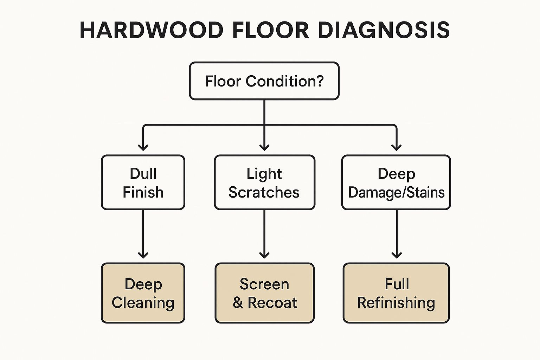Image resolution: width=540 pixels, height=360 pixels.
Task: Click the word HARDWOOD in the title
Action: pyautogui.click(x=152, y=30)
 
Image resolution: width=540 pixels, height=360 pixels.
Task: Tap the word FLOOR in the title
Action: pyautogui.click(x=270, y=30)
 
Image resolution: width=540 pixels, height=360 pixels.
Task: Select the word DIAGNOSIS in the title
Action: pyautogui.click(x=384, y=30)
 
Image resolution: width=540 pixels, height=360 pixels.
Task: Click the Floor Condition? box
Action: pyautogui.click(x=264, y=81)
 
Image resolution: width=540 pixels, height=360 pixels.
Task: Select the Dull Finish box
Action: pyautogui.click(x=143, y=182)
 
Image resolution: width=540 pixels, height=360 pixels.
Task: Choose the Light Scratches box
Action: pyautogui.click(x=264, y=182)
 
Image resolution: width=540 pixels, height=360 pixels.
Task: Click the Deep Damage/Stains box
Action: pyautogui.click(x=396, y=182)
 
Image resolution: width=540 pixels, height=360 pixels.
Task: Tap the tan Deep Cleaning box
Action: pyautogui.click(x=143, y=293)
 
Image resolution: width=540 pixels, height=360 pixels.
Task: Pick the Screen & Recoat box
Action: pyautogui.click(x=264, y=293)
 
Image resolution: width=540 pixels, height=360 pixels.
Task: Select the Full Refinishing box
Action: pyautogui.click(x=396, y=293)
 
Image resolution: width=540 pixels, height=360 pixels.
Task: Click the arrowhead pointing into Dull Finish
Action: pyautogui.click(x=143, y=147)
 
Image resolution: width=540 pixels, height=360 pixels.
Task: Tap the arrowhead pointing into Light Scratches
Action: pyautogui.click(x=264, y=147)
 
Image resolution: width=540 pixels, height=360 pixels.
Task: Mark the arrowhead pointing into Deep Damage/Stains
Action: pyautogui.click(x=397, y=147)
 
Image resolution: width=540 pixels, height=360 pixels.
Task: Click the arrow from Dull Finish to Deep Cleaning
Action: pyautogui.click(x=143, y=234)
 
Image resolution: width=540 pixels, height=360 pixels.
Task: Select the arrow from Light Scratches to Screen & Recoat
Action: pyautogui.click(x=264, y=234)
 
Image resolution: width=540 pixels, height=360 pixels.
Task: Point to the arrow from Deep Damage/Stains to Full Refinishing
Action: pyautogui.click(x=397, y=234)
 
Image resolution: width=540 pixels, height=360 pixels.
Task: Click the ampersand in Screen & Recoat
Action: pyautogui.click(x=238, y=303)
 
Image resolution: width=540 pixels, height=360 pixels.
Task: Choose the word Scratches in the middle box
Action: pyautogui.click(x=264, y=193)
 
